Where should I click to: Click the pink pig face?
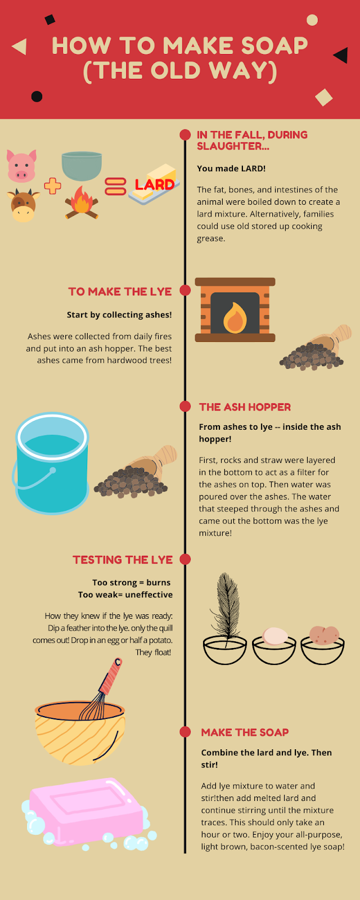point(22,166)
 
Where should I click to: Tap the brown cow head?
point(23,205)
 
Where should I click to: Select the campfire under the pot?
point(82,202)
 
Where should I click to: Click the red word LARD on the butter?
point(155,185)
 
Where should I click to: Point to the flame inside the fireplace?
point(235,317)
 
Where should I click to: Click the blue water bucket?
point(52,463)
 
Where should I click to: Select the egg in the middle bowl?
point(275,636)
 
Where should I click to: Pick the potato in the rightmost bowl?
point(324,635)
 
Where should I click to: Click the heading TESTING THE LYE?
point(123,560)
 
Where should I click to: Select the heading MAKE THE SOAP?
point(245,732)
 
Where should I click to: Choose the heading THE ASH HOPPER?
point(245,407)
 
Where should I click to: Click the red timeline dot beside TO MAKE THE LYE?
point(185,290)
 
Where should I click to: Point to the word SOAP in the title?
point(274,46)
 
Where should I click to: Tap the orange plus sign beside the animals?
point(53,186)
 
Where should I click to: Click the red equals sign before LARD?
point(115,186)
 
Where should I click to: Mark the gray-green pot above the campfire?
point(82,166)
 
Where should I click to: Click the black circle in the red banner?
point(37,96)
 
